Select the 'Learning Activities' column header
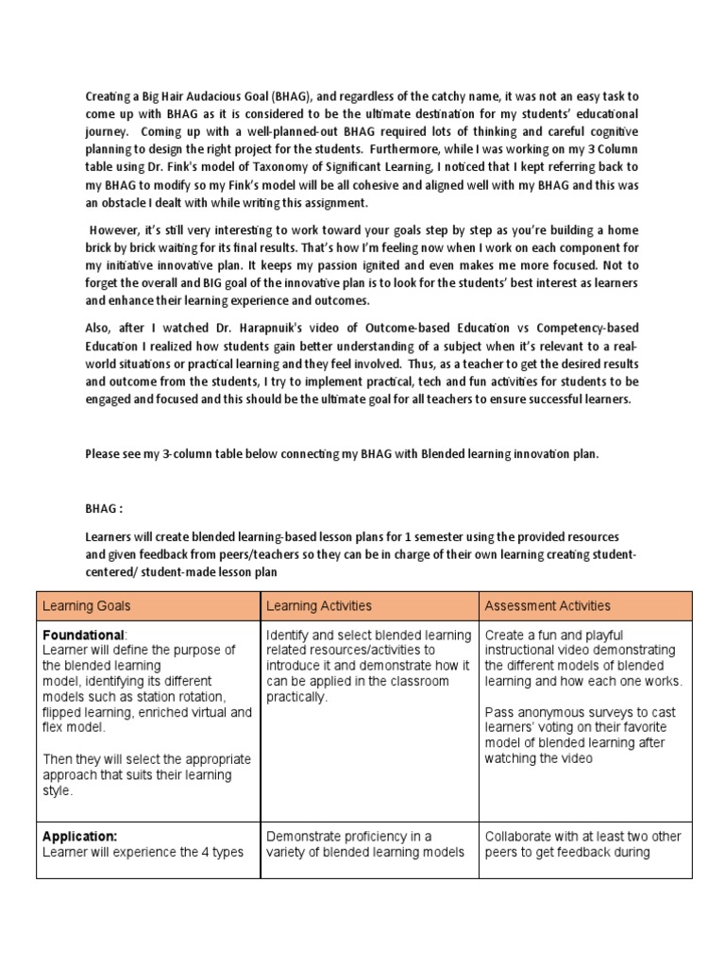click(x=319, y=605)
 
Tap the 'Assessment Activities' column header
click(x=547, y=605)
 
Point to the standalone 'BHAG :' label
click(x=104, y=506)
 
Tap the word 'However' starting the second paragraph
click(x=119, y=231)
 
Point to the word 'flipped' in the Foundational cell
click(x=65, y=713)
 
